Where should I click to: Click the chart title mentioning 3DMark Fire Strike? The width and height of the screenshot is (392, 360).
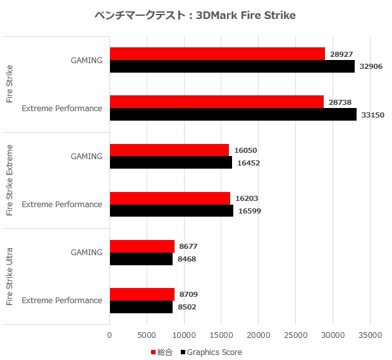coord(195,15)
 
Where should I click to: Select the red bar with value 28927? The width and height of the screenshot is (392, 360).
coord(217,54)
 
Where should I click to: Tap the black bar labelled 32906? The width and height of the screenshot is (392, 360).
coord(232,66)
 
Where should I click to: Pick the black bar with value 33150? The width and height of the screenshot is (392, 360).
coord(233,114)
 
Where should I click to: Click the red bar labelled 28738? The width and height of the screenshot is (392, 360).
coord(216,102)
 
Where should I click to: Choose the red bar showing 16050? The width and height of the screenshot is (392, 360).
coord(169,150)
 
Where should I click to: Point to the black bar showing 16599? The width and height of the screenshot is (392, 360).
coord(171,210)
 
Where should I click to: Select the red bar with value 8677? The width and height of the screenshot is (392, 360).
coord(142,246)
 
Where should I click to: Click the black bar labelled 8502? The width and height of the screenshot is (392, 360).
coord(141,306)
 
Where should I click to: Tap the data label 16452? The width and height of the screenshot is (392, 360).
coord(248,163)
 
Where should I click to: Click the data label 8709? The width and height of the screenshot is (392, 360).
coord(189,294)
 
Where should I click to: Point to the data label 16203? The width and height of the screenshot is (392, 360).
coord(245,198)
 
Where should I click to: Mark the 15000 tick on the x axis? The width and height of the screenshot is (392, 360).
coord(221,335)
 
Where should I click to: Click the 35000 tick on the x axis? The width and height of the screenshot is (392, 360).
coord(371,335)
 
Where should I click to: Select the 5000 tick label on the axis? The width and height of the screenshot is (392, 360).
coord(147,335)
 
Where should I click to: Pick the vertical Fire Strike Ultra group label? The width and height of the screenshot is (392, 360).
coord(9,277)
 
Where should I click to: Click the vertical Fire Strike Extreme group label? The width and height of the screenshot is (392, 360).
coord(9,180)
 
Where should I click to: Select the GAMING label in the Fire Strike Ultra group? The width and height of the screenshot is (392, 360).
coord(87,252)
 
